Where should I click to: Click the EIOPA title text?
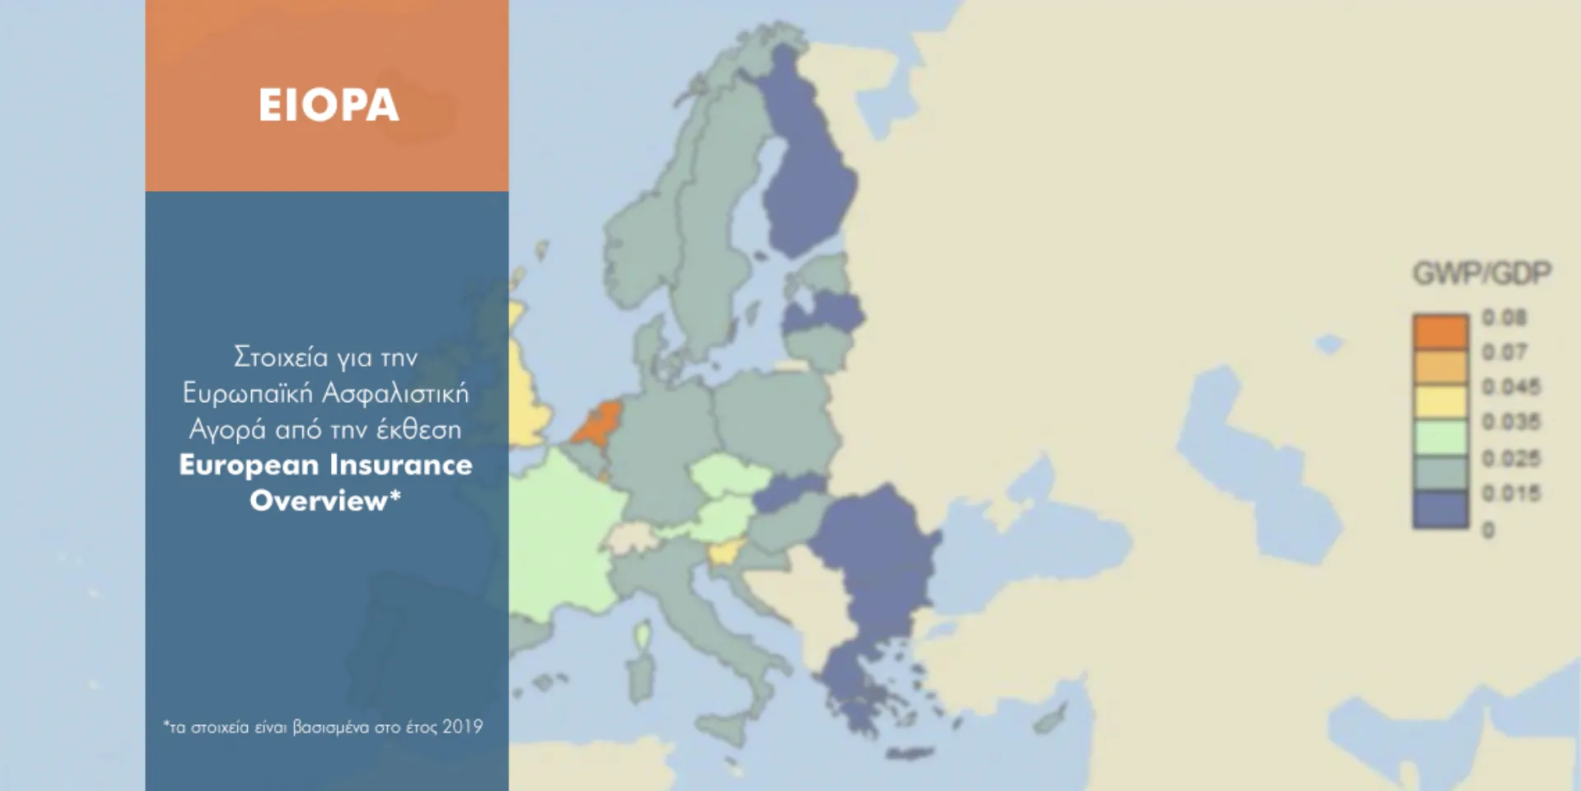tap(329, 105)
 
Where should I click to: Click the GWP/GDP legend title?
tap(1481, 273)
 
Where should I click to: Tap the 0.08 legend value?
tap(1504, 318)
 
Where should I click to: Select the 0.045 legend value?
tap(1510, 387)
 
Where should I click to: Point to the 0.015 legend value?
tap(1510, 494)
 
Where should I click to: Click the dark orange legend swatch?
tap(1440, 331)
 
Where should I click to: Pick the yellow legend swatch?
tap(1440, 402)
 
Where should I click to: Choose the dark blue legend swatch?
tap(1440, 509)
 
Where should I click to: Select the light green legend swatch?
tap(1440, 438)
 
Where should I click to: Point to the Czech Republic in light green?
tap(729, 476)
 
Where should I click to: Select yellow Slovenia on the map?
tap(727, 552)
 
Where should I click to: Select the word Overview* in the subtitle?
tap(325, 501)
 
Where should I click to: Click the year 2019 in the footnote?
tap(462, 727)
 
